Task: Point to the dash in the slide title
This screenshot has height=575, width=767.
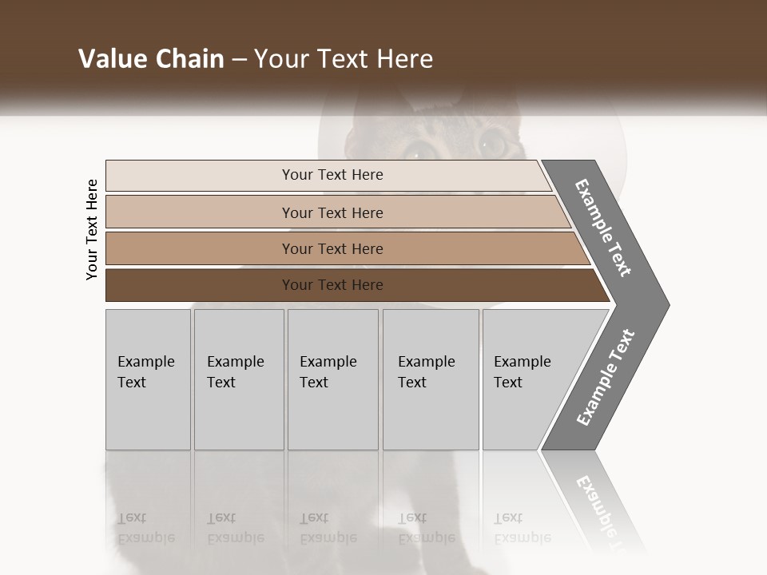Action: (x=238, y=60)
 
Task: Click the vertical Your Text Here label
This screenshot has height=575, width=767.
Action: (x=92, y=229)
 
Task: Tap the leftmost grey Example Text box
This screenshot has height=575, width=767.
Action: (x=148, y=379)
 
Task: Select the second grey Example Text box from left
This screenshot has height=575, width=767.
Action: (x=238, y=379)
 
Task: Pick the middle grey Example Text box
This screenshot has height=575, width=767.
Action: (x=332, y=379)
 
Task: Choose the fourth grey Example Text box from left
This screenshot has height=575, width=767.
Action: (x=431, y=379)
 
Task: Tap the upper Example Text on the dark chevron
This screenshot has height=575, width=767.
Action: (x=603, y=228)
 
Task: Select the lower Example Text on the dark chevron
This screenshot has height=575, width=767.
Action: (x=605, y=378)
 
